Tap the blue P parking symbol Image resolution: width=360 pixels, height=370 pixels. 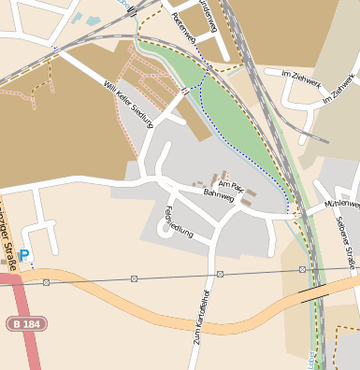24,255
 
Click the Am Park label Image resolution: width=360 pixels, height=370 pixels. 230,185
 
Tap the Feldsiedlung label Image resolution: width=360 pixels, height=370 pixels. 179,221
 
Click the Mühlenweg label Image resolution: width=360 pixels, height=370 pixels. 341,203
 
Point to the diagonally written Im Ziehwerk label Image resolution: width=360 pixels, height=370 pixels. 339,89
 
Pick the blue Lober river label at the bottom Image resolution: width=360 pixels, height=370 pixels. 310,360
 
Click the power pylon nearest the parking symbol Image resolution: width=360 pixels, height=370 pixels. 46,281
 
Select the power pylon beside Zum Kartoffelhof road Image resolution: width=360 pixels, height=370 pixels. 220,274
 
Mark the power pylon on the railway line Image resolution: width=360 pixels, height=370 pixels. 302,269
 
